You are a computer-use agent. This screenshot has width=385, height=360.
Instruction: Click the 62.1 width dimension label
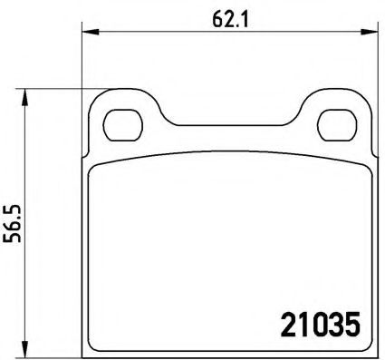230,20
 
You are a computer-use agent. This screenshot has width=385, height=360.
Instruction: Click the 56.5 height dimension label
12,223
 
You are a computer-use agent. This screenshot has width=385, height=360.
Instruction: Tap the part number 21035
321,325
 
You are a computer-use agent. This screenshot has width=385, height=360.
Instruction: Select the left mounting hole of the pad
122,125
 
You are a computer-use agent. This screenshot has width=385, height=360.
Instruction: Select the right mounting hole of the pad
337,125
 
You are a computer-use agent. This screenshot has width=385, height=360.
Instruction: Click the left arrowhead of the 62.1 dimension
91,32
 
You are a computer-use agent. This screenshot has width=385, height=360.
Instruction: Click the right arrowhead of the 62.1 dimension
370,32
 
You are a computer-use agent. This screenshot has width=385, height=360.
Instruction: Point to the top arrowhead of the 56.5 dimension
25,97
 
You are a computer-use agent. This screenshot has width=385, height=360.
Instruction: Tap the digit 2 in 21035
288,325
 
